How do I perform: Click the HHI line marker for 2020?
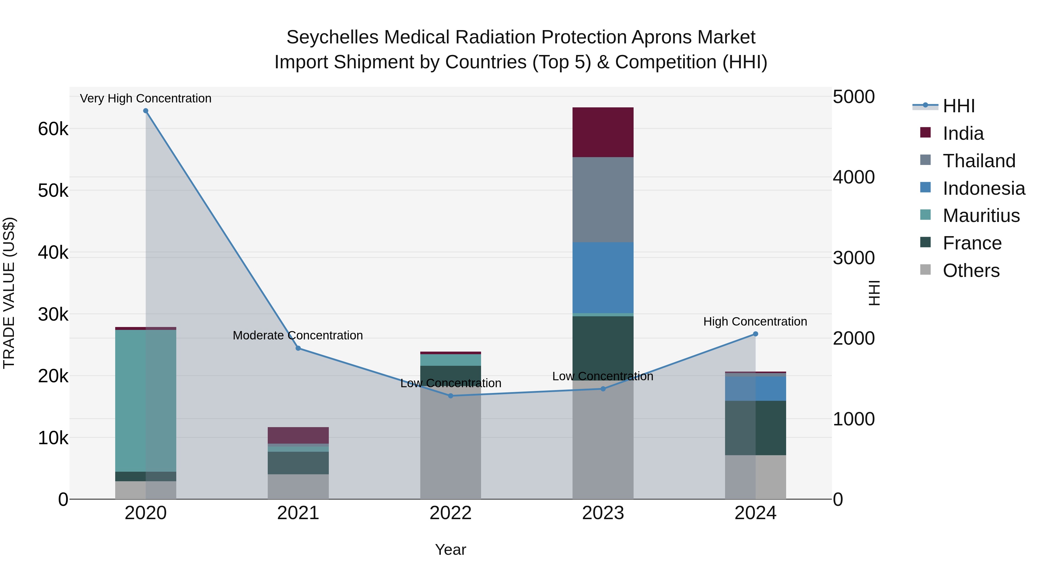click(146, 111)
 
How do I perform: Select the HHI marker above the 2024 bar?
click(755, 334)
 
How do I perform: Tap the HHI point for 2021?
click(298, 348)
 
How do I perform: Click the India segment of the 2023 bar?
click(603, 132)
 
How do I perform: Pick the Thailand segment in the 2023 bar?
click(603, 200)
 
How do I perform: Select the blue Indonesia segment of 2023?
click(603, 278)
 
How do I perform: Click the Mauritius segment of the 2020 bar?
click(146, 401)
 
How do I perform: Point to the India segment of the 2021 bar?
click(298, 435)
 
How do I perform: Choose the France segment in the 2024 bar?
click(755, 428)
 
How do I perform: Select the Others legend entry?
click(971, 271)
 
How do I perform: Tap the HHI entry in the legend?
click(958, 106)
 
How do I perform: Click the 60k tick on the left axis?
click(53, 129)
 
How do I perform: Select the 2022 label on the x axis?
click(450, 513)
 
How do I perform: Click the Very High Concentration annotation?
click(146, 98)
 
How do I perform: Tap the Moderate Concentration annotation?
click(298, 335)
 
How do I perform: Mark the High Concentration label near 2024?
click(755, 322)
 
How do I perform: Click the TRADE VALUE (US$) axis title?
click(9, 293)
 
